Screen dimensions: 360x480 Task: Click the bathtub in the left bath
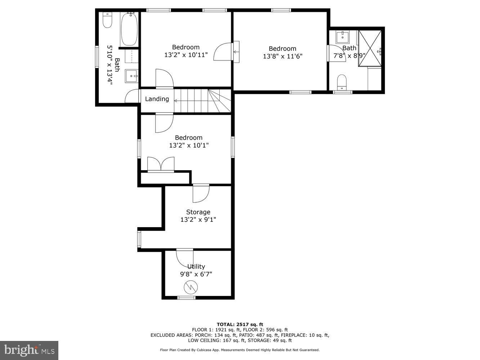coord(128,29)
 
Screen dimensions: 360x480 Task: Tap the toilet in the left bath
coord(107,20)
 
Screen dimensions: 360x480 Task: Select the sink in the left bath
coord(131,76)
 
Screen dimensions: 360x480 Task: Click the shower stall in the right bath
coord(370,49)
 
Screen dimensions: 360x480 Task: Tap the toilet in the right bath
coord(341,82)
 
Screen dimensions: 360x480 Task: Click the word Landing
coord(157,99)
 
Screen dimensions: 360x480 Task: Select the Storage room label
coord(198,212)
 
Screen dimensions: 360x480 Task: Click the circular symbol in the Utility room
coord(190,287)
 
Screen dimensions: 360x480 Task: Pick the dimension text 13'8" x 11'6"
coord(282,56)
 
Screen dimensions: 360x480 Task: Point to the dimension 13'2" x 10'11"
coord(186,55)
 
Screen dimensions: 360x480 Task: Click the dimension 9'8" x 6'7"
coord(196,274)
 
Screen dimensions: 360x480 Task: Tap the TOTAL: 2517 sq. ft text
coord(240,324)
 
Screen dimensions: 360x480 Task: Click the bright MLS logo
coord(29,350)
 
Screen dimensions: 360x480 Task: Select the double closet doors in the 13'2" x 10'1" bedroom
coord(161,164)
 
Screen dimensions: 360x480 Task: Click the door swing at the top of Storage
coord(201,193)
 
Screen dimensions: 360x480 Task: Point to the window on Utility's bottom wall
coord(187,298)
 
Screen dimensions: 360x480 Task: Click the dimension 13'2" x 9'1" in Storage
coord(198,220)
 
